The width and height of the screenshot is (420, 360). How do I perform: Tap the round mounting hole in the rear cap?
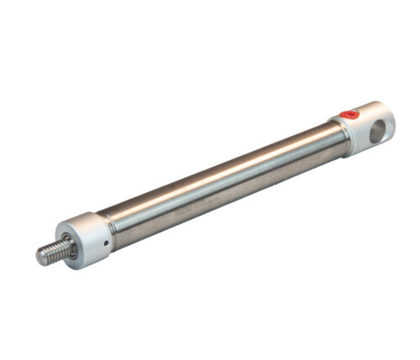pyautogui.click(x=381, y=128)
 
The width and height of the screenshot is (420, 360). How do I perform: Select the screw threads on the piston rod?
pyautogui.click(x=52, y=252)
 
